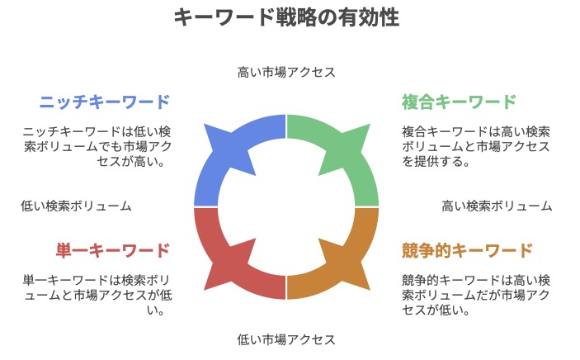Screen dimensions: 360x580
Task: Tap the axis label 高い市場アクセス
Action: pos(286,72)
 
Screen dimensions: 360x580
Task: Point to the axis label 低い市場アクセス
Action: pos(286,339)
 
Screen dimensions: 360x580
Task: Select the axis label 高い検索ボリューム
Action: pos(497,206)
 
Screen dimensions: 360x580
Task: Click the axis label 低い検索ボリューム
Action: pos(76,206)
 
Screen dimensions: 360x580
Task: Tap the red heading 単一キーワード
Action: pos(113,250)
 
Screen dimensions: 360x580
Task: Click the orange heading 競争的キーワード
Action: pos(467,250)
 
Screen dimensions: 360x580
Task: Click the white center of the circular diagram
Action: pos(286,206)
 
